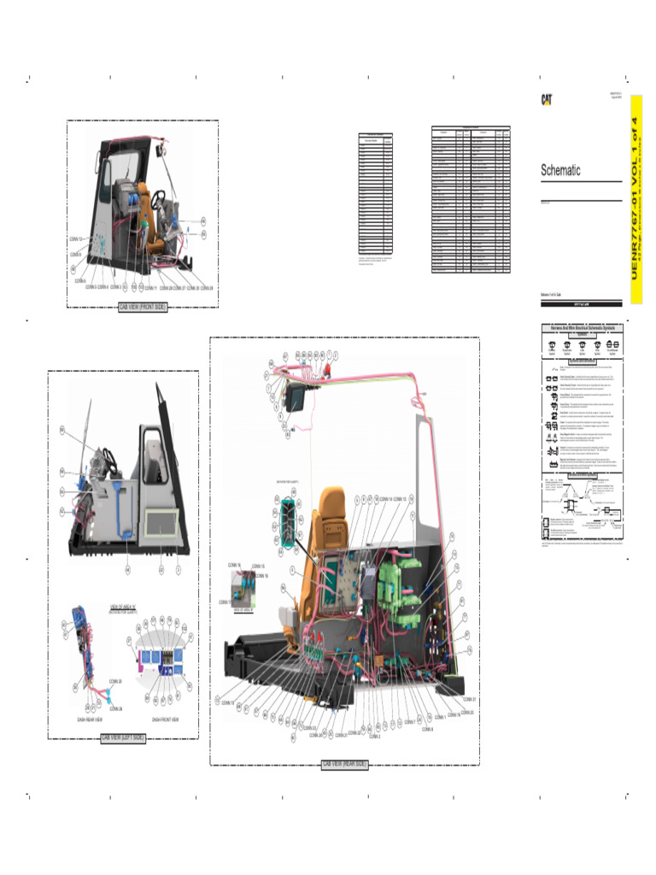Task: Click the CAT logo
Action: coord(545,99)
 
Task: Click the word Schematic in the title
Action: coord(560,171)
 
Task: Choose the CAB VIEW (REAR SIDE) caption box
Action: coord(345,765)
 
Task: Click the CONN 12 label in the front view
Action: coord(76,238)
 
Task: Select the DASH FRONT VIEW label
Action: coord(165,719)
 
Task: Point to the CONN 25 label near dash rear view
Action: coord(115,681)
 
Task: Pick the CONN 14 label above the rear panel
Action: coord(386,497)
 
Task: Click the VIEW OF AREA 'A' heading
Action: coord(123,606)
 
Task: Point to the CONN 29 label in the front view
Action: coord(206,288)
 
